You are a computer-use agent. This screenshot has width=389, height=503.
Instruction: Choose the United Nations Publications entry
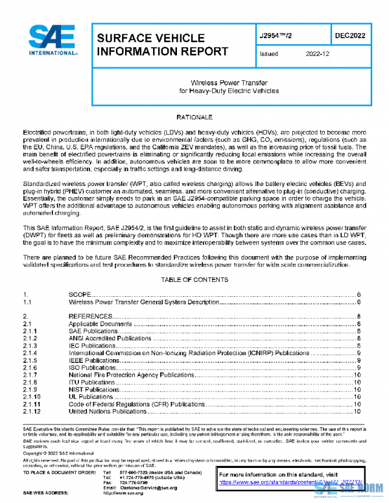tap(107, 411)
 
